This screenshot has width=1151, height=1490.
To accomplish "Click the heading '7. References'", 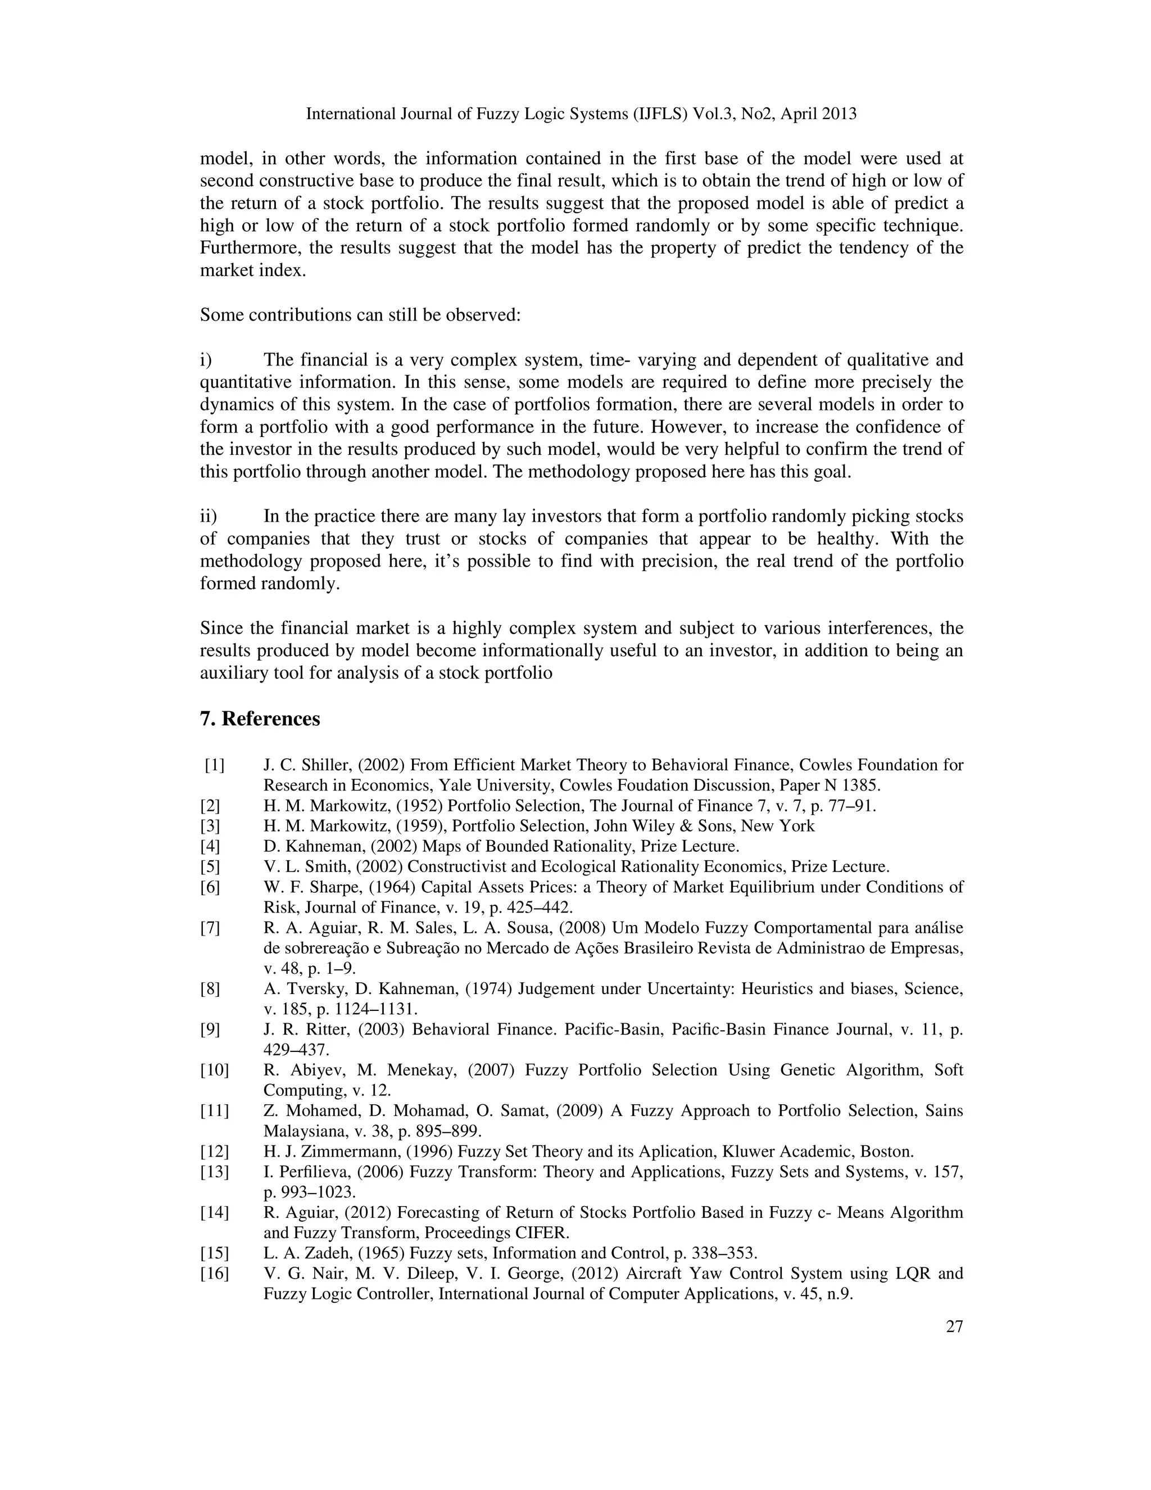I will coord(260,719).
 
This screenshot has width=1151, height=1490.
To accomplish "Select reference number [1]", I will coord(214,765).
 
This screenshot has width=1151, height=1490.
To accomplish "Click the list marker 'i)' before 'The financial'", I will coord(206,359).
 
